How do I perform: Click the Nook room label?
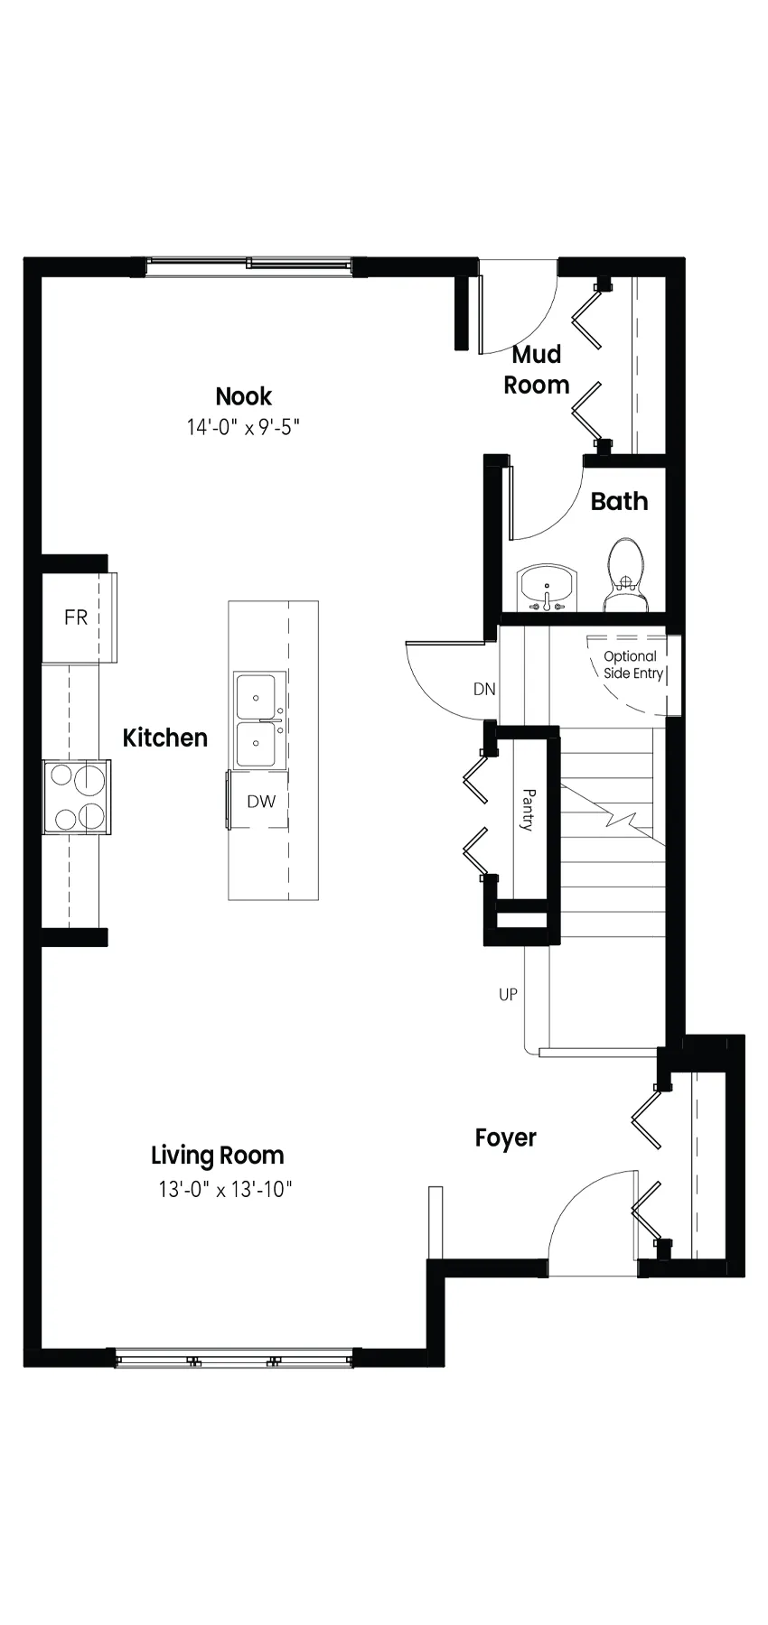[x=243, y=396]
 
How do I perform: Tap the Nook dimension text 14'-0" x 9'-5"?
[x=243, y=427]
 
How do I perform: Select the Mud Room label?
[x=537, y=369]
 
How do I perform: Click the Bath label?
[x=619, y=501]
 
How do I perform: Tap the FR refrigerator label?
[x=76, y=617]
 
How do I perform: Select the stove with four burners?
[x=77, y=797]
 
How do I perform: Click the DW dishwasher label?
[x=261, y=801]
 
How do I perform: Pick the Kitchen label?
[x=165, y=738]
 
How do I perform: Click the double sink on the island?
[x=259, y=720]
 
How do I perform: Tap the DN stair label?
[x=484, y=689]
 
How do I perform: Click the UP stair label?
[x=508, y=994]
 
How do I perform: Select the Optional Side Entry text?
[x=632, y=665]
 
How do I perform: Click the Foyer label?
[x=506, y=1138]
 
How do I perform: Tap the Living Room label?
[x=218, y=1156]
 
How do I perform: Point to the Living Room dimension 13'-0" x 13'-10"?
[x=226, y=1189]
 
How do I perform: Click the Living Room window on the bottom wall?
[x=235, y=1358]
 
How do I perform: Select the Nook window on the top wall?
[x=249, y=265]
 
